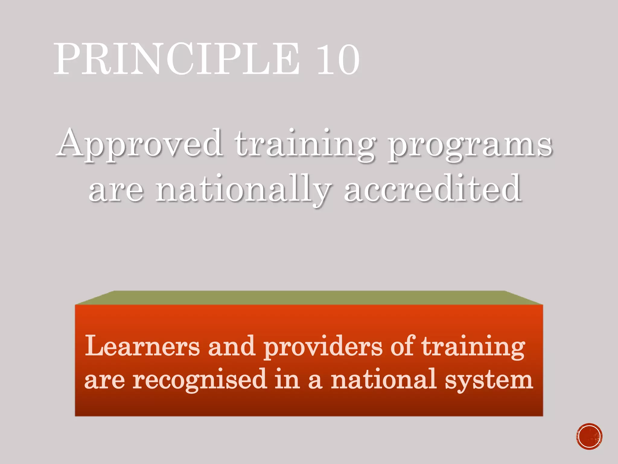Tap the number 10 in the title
pyautogui.click(x=338, y=59)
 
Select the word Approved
pyautogui.click(x=139, y=143)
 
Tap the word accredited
pyautogui.click(x=433, y=189)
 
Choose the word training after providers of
pyautogui.click(x=473, y=347)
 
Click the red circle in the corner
pyautogui.click(x=589, y=437)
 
